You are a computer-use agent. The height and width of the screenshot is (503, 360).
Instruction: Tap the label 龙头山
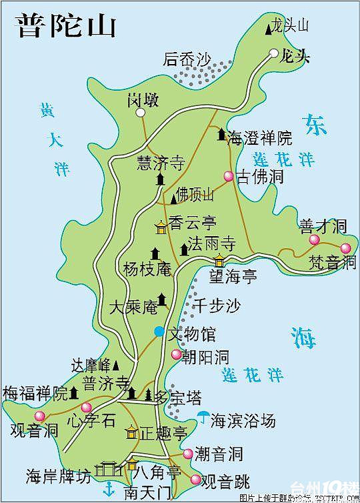tap(290, 26)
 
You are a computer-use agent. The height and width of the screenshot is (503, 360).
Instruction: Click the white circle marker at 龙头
tap(274, 53)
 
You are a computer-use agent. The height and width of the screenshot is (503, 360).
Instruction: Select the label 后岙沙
tap(187, 60)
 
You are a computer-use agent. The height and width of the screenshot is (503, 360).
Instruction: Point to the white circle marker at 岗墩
tap(141, 113)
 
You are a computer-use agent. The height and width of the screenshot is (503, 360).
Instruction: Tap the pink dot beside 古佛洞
tap(228, 177)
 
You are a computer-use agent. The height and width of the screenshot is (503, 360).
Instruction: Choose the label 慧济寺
tap(160, 163)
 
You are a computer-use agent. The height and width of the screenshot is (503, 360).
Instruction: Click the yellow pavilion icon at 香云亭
tap(161, 227)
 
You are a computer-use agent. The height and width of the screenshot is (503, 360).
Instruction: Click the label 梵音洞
tap(332, 262)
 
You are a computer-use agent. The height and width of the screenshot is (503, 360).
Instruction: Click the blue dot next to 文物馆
tap(159, 331)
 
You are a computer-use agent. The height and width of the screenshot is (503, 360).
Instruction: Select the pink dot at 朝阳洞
tap(176, 355)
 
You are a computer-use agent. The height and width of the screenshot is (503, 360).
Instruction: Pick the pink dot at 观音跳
tap(195, 479)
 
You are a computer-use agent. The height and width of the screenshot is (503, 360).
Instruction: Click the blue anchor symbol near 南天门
tap(105, 491)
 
